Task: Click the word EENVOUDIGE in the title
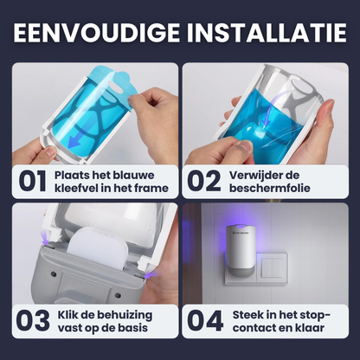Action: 97,32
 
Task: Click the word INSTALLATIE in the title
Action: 267,32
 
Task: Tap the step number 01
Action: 32,181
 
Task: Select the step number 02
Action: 204,181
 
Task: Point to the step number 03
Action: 33,321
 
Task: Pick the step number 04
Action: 205,321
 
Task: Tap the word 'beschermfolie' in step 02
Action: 270,188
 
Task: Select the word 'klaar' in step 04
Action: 309,328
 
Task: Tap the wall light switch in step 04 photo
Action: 273,268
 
